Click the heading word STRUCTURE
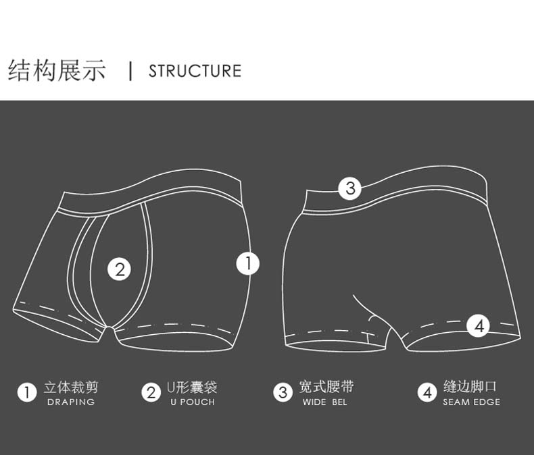coord(195,71)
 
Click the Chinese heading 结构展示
coord(57,70)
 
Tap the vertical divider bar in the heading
coord(130,70)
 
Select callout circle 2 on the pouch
coord(120,269)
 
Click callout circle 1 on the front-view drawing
coord(248,263)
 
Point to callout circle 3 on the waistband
coord(349,188)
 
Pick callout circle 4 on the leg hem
coord(479,326)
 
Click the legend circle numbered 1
coord(27,392)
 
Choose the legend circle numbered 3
coord(283,392)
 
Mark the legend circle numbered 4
coord(427,392)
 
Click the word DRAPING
coord(71,402)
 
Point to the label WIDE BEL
coord(324,402)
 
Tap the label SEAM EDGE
coord(472,402)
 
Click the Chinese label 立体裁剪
coord(71,387)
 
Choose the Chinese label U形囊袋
coord(192,387)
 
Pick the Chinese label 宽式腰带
coord(326,387)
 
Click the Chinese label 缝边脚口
coord(470,387)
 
